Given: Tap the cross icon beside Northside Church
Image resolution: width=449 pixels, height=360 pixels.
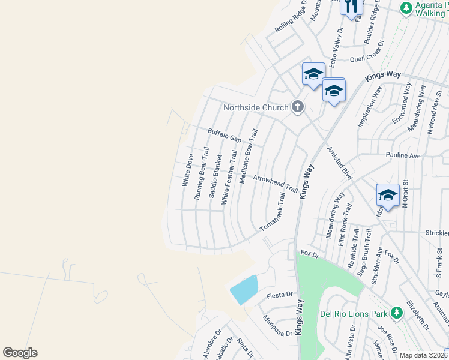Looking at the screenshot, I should [297, 107].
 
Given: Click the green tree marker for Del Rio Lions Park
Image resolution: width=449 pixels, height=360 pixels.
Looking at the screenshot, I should [396, 313].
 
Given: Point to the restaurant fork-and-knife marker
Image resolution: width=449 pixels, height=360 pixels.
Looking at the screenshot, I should [351, 6].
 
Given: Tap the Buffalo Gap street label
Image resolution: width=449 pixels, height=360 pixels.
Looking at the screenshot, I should [224, 135].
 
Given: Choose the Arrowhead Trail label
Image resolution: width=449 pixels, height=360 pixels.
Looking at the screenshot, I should [275, 184].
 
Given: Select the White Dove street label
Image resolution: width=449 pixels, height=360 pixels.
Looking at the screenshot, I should [188, 170].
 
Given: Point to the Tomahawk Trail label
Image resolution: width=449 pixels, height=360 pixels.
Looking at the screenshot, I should [272, 212].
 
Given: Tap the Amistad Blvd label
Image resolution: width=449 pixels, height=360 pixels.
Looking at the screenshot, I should [339, 161].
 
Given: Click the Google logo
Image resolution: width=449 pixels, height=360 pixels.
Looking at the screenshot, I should [20, 353].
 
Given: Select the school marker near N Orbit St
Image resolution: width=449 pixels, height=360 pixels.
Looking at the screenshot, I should [388, 196].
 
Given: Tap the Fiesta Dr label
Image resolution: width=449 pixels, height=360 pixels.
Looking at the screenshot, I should [280, 295].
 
